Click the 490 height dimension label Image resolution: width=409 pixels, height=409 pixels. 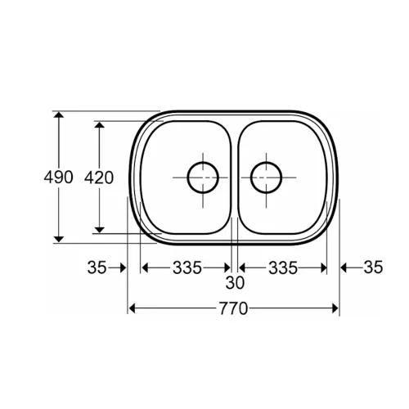pos(58,178)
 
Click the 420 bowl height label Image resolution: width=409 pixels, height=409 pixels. pos(99,178)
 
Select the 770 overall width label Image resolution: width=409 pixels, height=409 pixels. pos(234,309)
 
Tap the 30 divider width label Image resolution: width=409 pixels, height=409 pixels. pos(235,283)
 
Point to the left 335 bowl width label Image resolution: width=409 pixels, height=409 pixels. pos(187,267)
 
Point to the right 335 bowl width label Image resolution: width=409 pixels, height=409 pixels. pos(283,267)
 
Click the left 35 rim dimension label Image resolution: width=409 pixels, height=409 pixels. pos(97,267)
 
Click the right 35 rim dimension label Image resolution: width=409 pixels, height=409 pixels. pos(373,267)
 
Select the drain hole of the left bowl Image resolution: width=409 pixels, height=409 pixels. pos(203,178)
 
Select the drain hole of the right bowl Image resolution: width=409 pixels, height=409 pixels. pos(266,178)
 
